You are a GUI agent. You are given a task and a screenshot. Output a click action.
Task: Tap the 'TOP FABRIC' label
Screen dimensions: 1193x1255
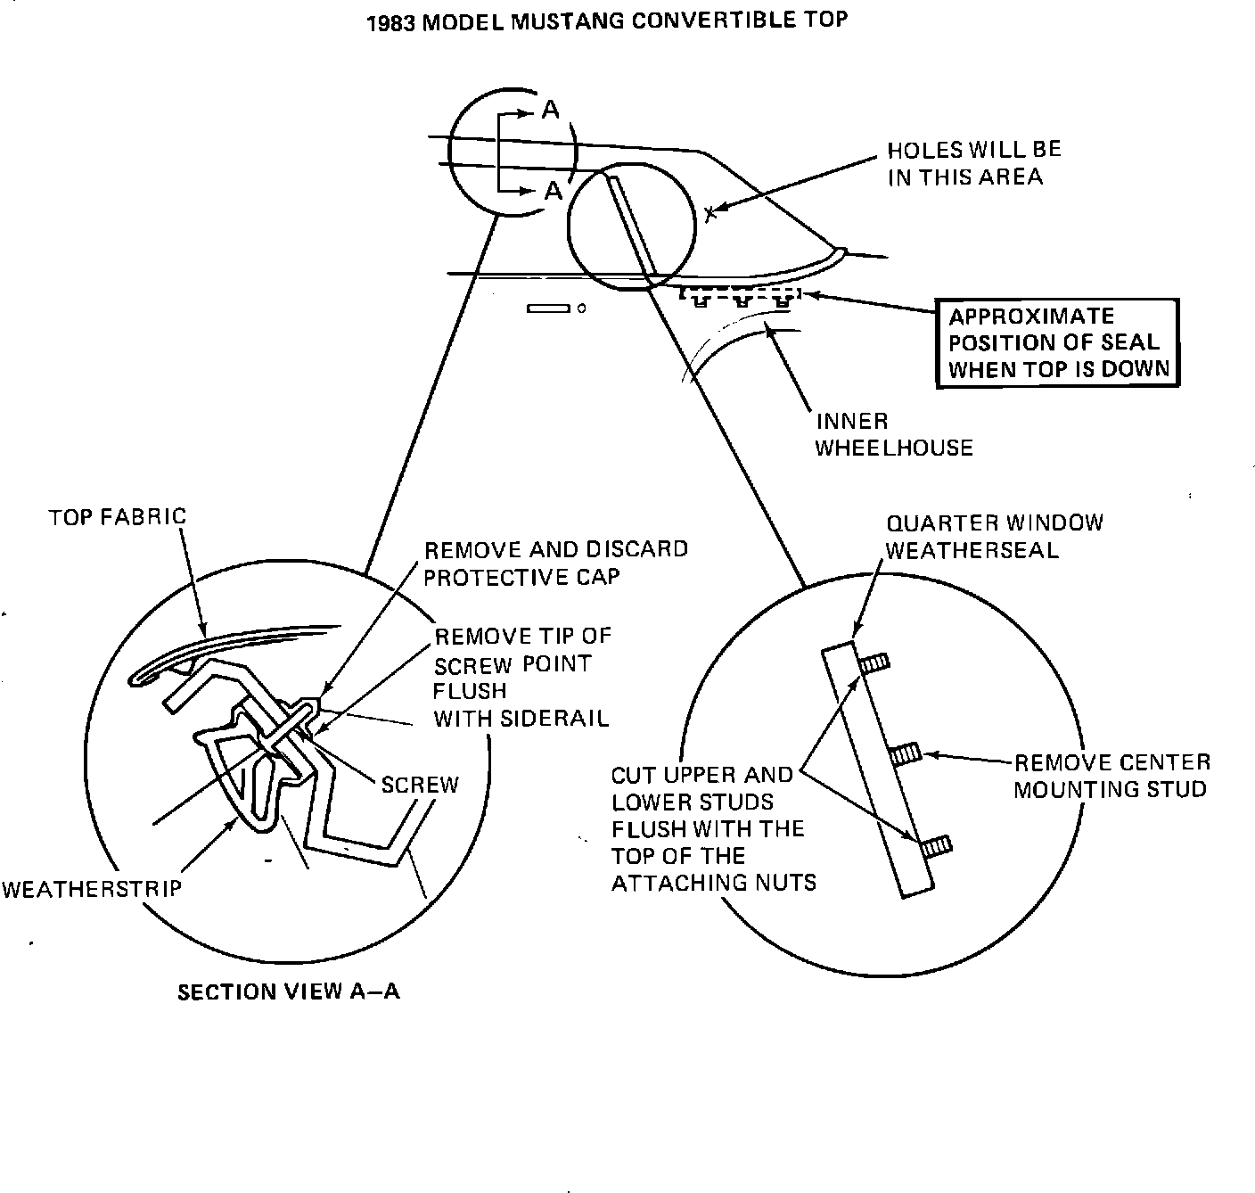pyautogui.click(x=118, y=516)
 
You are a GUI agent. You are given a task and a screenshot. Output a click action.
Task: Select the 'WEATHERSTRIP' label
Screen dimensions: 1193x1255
pyautogui.click(x=91, y=888)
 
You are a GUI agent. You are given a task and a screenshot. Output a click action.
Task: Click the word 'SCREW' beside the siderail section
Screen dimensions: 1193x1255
pyautogui.click(x=419, y=785)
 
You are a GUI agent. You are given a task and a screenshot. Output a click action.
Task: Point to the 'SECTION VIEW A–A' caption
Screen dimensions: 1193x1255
pyautogui.click(x=289, y=991)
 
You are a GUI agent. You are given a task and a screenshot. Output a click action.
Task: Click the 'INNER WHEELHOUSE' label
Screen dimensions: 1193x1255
pyautogui.click(x=893, y=434)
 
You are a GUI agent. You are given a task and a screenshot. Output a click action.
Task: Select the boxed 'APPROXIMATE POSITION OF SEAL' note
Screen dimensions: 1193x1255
pyautogui.click(x=1057, y=343)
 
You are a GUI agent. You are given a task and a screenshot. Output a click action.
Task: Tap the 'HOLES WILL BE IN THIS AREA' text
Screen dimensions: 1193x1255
pyautogui.click(x=973, y=163)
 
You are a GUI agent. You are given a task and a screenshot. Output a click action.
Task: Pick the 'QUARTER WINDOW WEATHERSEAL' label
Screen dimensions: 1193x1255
pyautogui.click(x=993, y=537)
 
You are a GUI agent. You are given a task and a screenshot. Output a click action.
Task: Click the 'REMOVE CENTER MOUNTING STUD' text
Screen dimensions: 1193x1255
pyautogui.click(x=1111, y=776)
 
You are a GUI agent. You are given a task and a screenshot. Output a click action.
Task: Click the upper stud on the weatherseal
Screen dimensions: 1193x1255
pyautogui.click(x=875, y=664)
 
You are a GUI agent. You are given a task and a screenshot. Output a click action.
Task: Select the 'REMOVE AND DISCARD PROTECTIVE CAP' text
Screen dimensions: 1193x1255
pyautogui.click(x=555, y=563)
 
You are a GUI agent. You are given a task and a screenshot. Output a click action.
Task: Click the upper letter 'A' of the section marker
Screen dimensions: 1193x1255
pyautogui.click(x=552, y=111)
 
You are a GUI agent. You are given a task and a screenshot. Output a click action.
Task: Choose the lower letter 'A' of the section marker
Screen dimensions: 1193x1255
pyautogui.click(x=554, y=191)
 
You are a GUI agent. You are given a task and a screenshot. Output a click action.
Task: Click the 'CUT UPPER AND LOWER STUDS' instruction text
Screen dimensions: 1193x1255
pyautogui.click(x=713, y=828)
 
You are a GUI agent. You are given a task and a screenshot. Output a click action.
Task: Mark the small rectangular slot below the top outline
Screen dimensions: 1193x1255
pyautogui.click(x=548, y=309)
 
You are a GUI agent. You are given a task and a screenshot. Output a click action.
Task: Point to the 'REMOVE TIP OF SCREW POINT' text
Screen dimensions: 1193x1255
pyautogui.click(x=521, y=677)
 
